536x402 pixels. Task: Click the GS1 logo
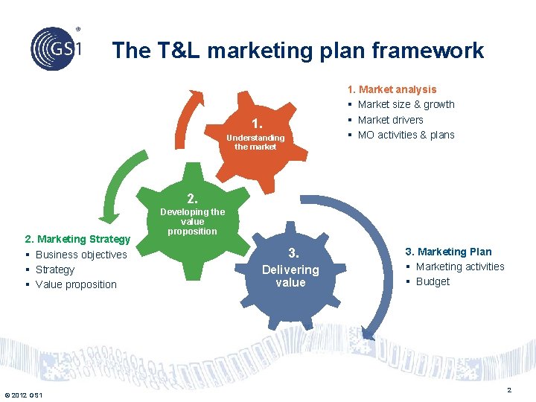click(x=55, y=47)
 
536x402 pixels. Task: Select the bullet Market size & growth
click(x=406, y=104)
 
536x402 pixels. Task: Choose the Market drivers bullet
click(x=390, y=120)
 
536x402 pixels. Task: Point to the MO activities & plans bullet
click(x=406, y=135)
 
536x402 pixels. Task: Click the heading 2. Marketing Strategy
click(x=77, y=239)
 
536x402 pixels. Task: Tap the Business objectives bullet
click(x=81, y=255)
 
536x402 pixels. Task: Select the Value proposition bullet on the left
click(x=76, y=284)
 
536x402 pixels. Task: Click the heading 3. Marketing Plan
click(x=447, y=252)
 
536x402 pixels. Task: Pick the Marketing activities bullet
click(x=459, y=267)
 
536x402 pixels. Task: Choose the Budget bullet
click(x=433, y=281)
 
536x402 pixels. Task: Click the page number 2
click(x=509, y=391)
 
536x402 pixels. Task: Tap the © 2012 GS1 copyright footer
click(x=23, y=395)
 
